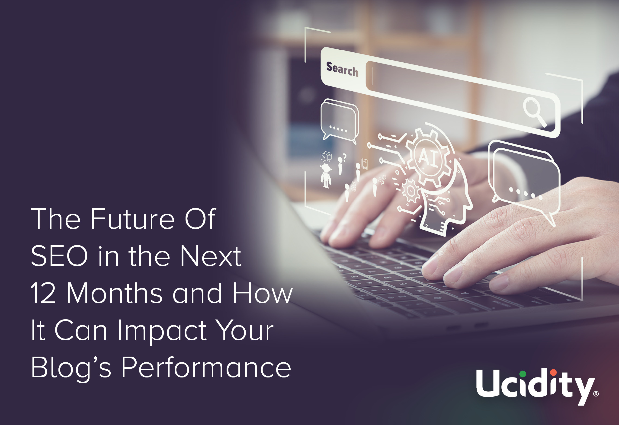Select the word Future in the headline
tap(133, 219)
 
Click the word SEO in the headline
tap(59, 256)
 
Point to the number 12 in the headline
tap(43, 293)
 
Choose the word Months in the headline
tap(115, 293)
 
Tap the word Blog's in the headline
tap(71, 368)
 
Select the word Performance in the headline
tap(206, 367)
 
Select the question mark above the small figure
tap(344, 158)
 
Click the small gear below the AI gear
tap(411, 191)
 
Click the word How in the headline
tap(263, 293)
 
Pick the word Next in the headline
tap(210, 256)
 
